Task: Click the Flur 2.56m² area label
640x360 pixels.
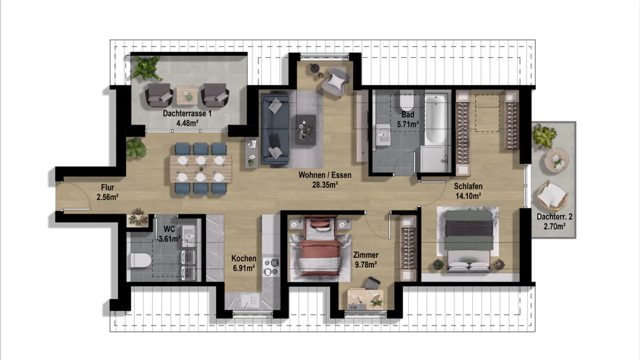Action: click(107, 192)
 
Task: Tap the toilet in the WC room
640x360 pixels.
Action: click(140, 261)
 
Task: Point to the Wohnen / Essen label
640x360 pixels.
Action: click(325, 175)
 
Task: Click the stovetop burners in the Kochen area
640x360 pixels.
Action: click(271, 267)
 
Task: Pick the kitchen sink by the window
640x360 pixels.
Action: click(247, 300)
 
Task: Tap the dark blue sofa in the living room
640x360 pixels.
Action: click(274, 129)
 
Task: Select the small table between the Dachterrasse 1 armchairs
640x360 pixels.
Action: click(187, 95)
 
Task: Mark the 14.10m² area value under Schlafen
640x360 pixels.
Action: click(468, 196)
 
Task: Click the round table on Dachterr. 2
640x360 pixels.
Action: click(557, 160)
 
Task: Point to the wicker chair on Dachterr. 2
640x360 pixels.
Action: click(552, 195)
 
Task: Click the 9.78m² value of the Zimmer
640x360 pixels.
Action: click(366, 265)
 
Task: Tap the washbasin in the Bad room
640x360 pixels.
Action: click(383, 136)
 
